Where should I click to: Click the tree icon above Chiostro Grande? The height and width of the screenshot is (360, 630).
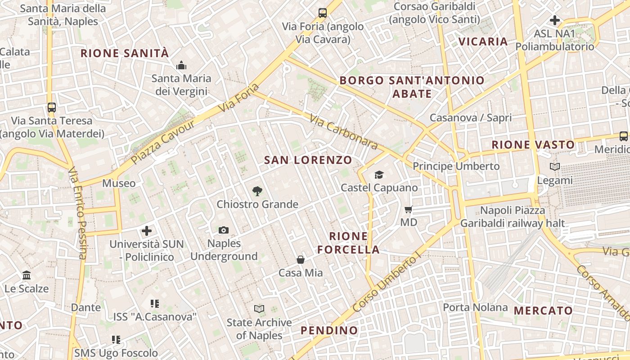(x=257, y=191)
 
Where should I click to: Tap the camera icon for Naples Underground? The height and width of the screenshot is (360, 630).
(x=224, y=230)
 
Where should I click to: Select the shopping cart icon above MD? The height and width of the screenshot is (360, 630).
(x=409, y=209)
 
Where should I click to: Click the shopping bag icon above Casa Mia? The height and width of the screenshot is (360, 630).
(x=301, y=260)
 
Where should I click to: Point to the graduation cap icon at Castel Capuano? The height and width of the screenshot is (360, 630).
(x=379, y=175)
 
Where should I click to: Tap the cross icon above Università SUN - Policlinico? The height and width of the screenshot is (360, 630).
(x=147, y=231)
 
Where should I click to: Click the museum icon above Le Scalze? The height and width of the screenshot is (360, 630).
(x=27, y=275)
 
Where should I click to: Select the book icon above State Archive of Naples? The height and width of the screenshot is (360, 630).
(x=259, y=309)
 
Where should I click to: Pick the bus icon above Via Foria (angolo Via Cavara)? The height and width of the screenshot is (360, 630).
(x=323, y=13)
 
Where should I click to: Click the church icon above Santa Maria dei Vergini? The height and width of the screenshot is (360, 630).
(x=181, y=65)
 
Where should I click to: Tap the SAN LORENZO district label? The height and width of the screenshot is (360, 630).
(x=308, y=160)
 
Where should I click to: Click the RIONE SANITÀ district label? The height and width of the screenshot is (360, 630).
(x=125, y=53)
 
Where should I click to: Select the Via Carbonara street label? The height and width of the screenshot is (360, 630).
(x=344, y=131)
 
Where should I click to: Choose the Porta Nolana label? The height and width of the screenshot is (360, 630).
(x=475, y=307)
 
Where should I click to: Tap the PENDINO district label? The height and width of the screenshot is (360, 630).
(x=329, y=330)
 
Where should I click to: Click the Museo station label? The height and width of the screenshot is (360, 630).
(x=119, y=183)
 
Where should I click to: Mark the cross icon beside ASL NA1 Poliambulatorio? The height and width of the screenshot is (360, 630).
(x=555, y=20)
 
